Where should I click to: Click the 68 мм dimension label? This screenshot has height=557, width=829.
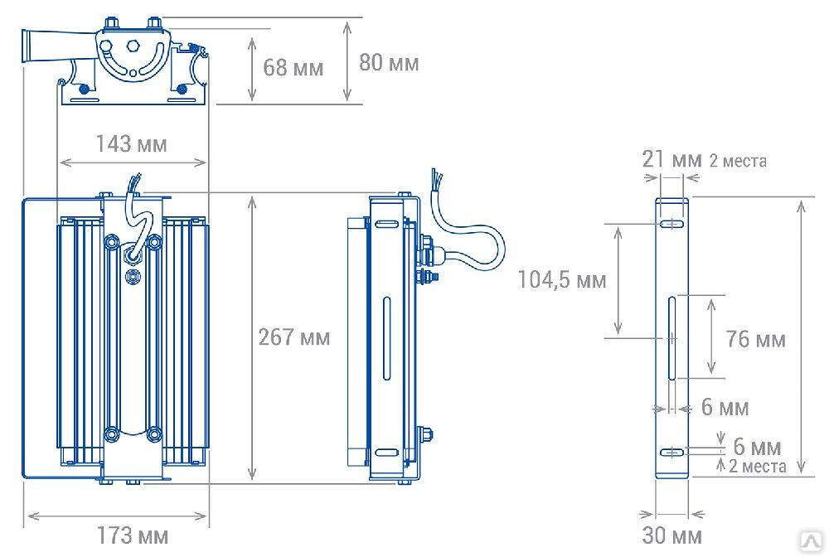[293, 68]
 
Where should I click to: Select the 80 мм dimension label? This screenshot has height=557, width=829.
[389, 62]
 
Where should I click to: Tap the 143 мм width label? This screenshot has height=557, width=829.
[131, 143]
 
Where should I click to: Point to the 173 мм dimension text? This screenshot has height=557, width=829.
[132, 535]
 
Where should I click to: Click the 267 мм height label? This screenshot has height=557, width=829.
[294, 337]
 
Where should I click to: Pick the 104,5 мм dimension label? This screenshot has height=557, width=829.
[561, 279]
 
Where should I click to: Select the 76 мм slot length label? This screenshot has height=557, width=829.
[755, 339]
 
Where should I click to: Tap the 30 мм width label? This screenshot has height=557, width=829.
[672, 535]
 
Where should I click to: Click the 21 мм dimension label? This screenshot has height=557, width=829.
[672, 158]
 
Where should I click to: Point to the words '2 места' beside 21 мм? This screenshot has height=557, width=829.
[738, 161]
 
